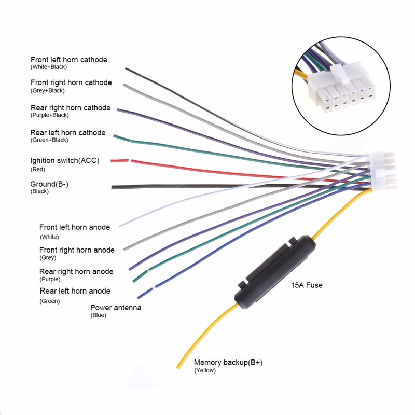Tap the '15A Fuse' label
click(306, 285)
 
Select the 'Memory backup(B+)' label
click(228, 363)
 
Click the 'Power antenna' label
click(116, 308)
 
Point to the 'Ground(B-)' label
click(50, 184)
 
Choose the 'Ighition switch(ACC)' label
click(65, 160)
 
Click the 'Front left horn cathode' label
click(69, 60)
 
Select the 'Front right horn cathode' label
click(71, 82)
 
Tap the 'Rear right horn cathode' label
click(71, 108)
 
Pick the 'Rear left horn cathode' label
click(68, 133)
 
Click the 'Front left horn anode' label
click(75, 227)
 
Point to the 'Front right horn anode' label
click(77, 250)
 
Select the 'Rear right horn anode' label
click(76, 271)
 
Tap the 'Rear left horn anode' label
click(75, 291)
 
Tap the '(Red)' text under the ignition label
click(38, 169)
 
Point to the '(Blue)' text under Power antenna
click(98, 315)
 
